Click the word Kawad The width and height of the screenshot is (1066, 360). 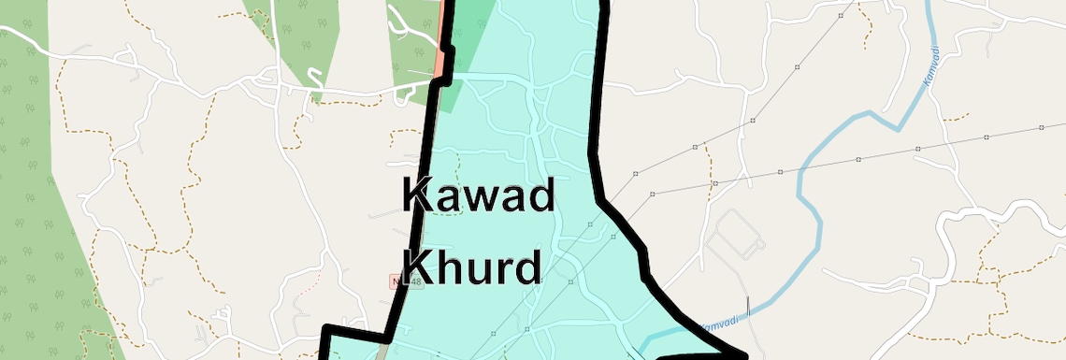tap(479, 196)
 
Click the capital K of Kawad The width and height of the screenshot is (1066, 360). tap(418, 196)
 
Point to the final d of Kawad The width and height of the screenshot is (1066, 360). tap(540, 196)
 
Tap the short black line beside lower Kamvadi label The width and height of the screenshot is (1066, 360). tap(749, 309)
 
